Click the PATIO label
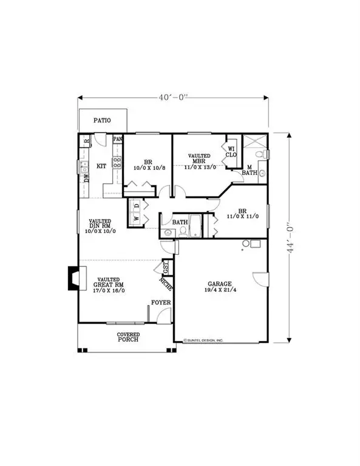point(102,121)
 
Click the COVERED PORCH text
point(128,337)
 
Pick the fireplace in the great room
point(72,278)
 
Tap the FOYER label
point(161,302)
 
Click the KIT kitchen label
point(102,166)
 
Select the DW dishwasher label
point(86,178)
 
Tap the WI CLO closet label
point(231,150)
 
